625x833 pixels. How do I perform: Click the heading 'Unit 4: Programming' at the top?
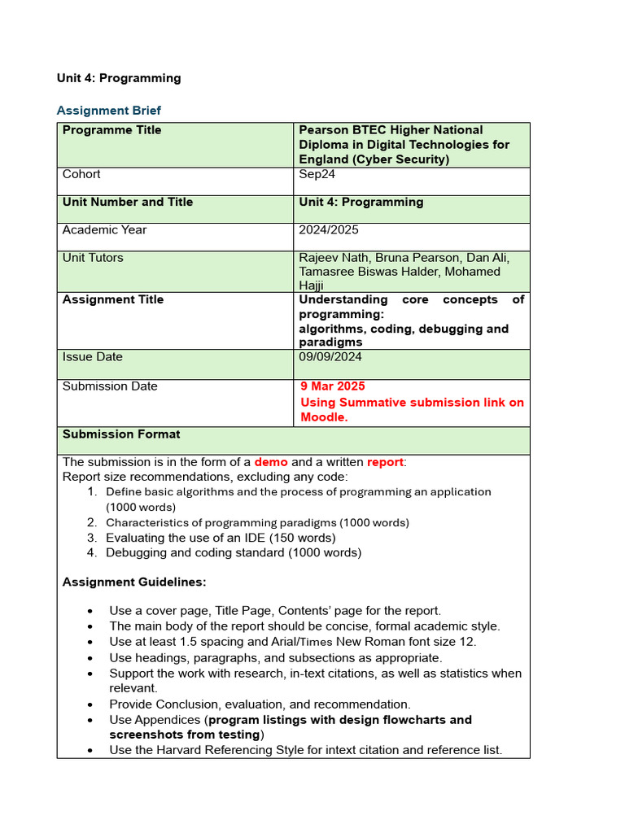point(119,78)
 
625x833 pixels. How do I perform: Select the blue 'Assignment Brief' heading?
point(108,111)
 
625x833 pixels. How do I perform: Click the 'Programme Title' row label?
point(111,130)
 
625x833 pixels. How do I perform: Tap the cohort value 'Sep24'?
point(317,174)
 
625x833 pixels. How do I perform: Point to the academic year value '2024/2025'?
point(330,229)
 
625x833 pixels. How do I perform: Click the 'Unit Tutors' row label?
point(93,258)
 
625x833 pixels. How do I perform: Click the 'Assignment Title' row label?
point(112,299)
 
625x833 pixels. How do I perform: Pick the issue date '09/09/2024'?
point(330,356)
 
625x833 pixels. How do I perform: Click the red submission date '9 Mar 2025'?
point(333,386)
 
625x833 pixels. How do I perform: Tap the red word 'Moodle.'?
point(324,416)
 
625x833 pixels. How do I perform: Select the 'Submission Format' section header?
point(121,434)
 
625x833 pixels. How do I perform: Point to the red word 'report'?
point(385,462)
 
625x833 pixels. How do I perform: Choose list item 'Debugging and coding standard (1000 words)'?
point(233,552)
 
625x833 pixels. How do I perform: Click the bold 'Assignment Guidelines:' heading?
point(134,582)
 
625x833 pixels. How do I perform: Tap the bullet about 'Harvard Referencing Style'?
point(305,750)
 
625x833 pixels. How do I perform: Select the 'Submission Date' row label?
point(110,386)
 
